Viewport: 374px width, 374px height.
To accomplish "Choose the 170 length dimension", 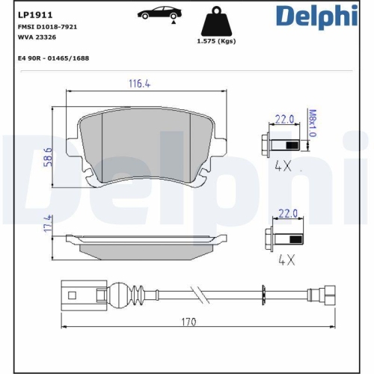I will click(188, 322).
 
